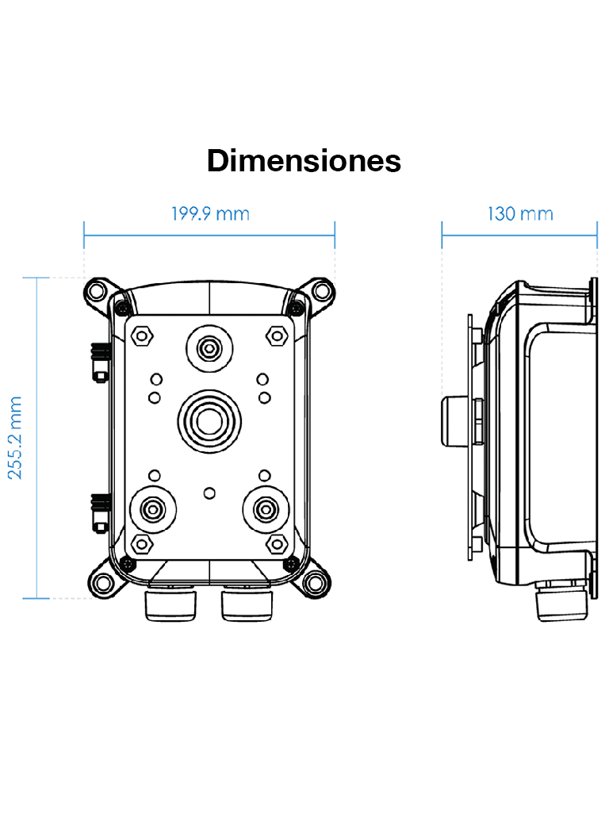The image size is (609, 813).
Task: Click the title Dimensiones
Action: [x=304, y=161]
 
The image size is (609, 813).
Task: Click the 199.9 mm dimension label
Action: [x=210, y=214]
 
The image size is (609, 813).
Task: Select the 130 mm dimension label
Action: [x=519, y=214]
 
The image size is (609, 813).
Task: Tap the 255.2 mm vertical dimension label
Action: [x=16, y=438]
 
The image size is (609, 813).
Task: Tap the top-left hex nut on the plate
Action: [x=142, y=335]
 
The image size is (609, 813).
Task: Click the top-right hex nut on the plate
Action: [x=277, y=335]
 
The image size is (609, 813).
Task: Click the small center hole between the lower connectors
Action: [x=209, y=493]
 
